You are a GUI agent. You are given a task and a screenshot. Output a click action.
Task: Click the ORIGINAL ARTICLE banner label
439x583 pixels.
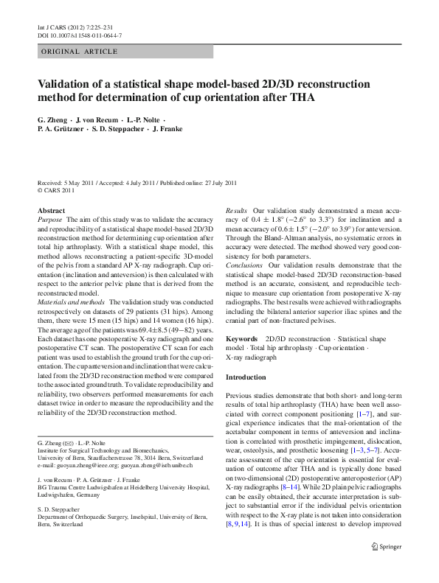point(80,52)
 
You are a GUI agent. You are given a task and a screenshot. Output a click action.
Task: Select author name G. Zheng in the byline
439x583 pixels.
point(52,119)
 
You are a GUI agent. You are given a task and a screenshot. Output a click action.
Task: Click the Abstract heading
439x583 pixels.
point(51,210)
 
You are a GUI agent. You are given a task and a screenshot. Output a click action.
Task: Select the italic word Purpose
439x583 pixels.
point(49,220)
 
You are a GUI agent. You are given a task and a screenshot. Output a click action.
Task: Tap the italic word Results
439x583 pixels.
point(236,210)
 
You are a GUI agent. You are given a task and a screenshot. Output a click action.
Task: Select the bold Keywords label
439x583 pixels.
point(241,338)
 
